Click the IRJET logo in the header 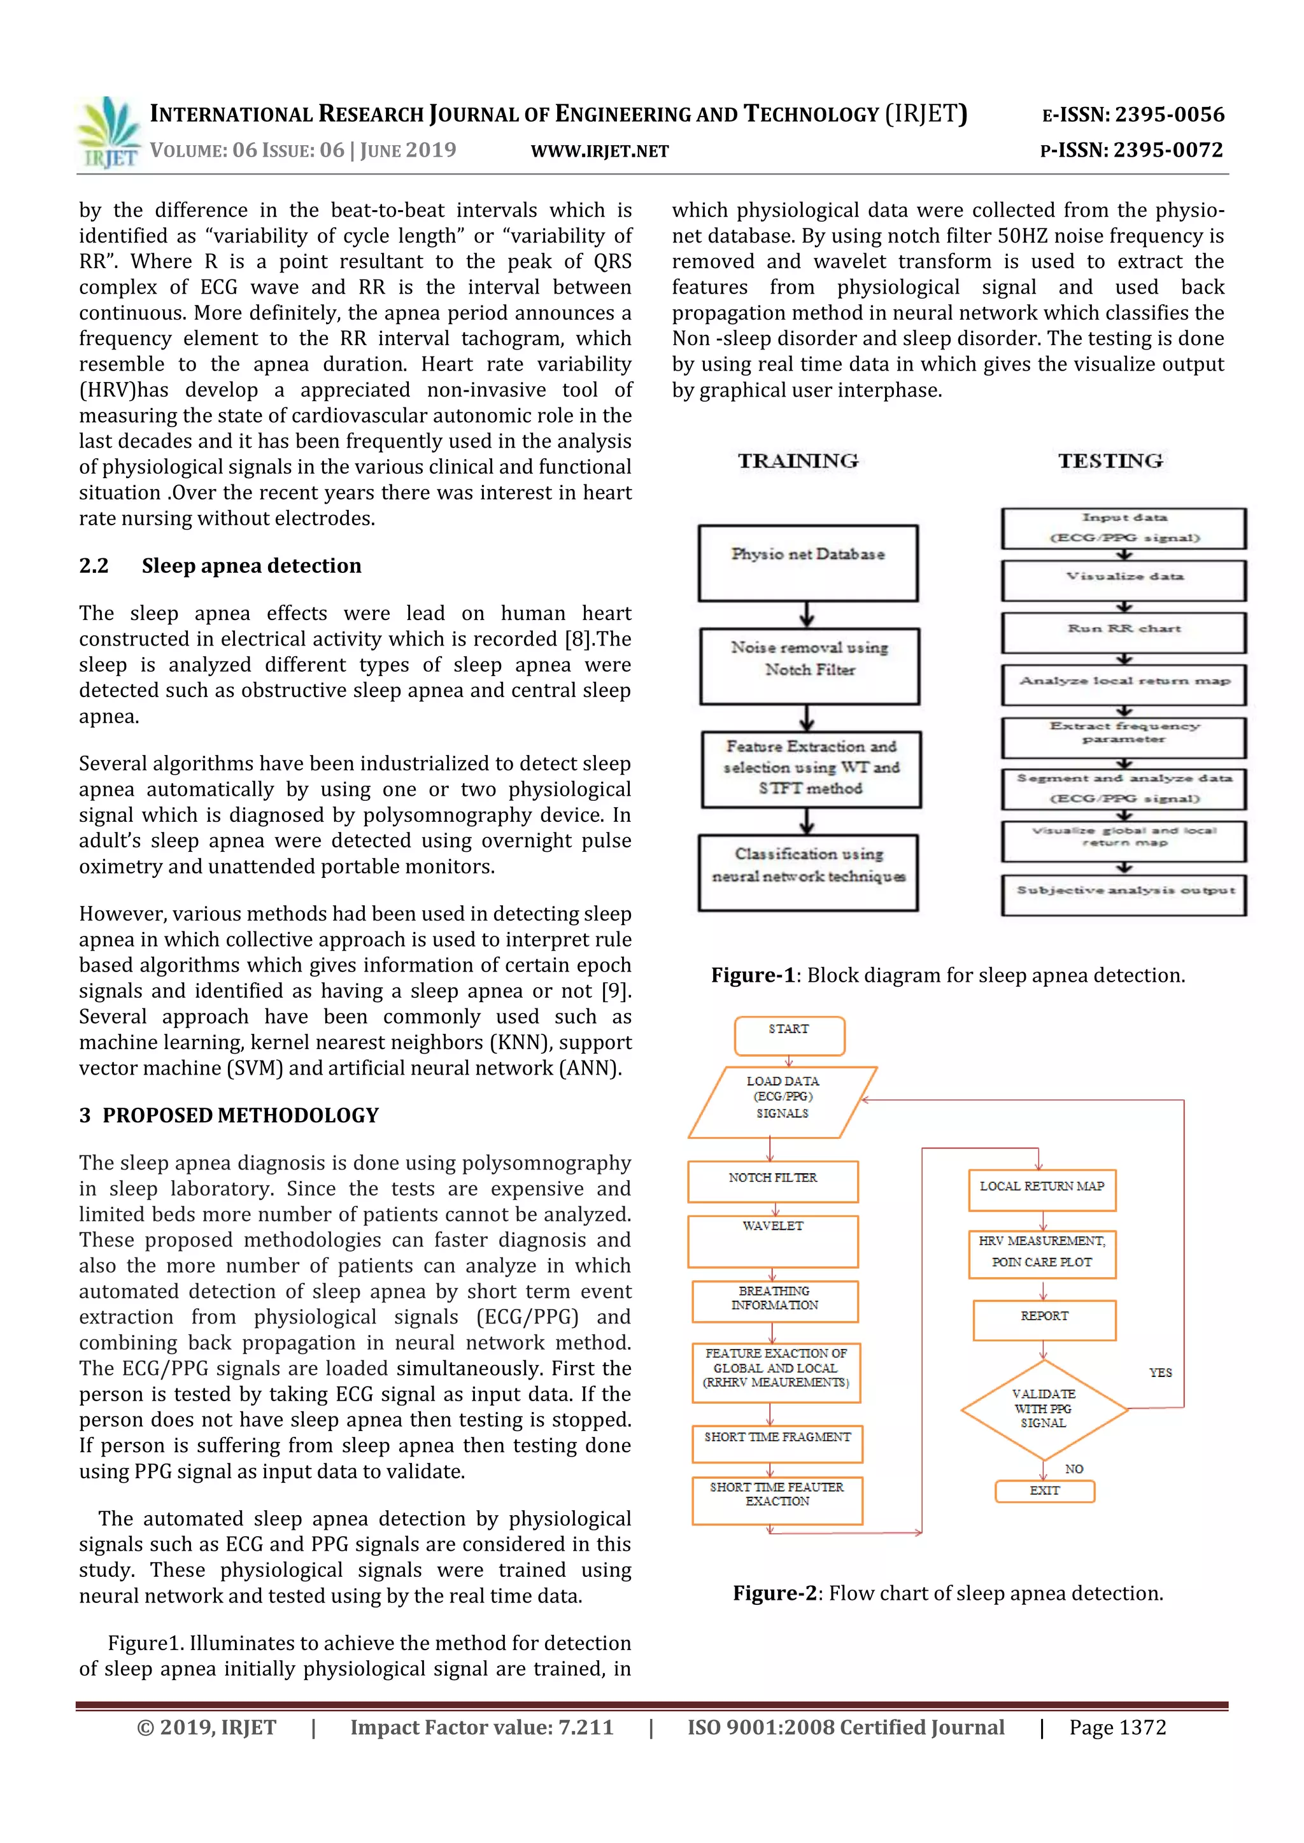pos(108,132)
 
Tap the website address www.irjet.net pos(600,151)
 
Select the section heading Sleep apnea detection pos(252,566)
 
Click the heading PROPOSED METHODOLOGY pos(240,1115)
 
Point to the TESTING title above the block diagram pos(1110,461)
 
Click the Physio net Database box pos(808,563)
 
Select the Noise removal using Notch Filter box pos(809,667)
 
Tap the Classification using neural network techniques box pos(809,873)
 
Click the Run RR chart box pos(1123,633)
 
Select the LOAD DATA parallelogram pos(782,1102)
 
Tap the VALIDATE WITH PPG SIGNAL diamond pos(1044,1409)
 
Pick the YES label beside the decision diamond pos(1160,1373)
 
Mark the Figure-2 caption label pos(775,1593)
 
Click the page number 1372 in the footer pos(1117,1726)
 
